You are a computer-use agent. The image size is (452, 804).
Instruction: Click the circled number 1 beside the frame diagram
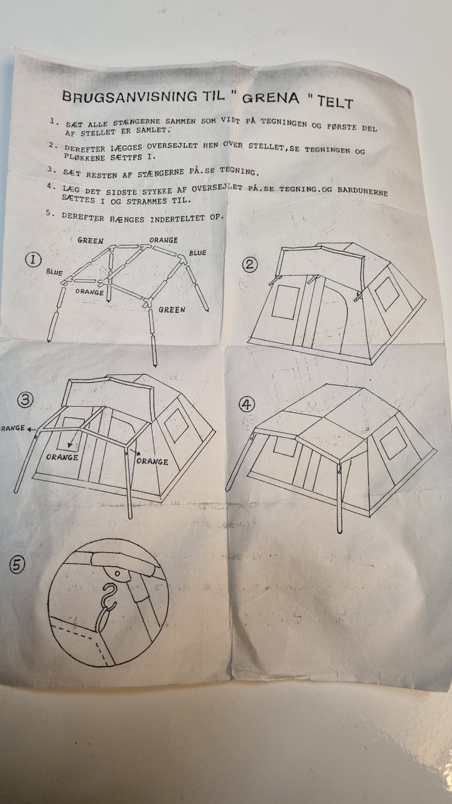pos(33,260)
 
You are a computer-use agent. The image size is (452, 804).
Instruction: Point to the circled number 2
pos(250,265)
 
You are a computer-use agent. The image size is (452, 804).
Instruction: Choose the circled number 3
pos(25,400)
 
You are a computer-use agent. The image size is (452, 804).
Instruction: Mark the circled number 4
pos(247,405)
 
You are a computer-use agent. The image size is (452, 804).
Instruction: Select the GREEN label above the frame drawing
pos(90,241)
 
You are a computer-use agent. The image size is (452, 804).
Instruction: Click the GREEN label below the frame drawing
pos(172,309)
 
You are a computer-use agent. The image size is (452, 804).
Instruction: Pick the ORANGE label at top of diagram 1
pos(163,240)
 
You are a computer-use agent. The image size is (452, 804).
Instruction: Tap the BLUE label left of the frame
pos(54,272)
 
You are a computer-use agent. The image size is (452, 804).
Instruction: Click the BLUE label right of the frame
pos(198,252)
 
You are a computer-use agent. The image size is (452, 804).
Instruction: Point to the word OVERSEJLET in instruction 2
pos(172,146)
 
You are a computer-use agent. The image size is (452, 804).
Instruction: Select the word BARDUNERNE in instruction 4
pos(363,191)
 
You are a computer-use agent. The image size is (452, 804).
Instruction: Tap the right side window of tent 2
pos(387,294)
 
